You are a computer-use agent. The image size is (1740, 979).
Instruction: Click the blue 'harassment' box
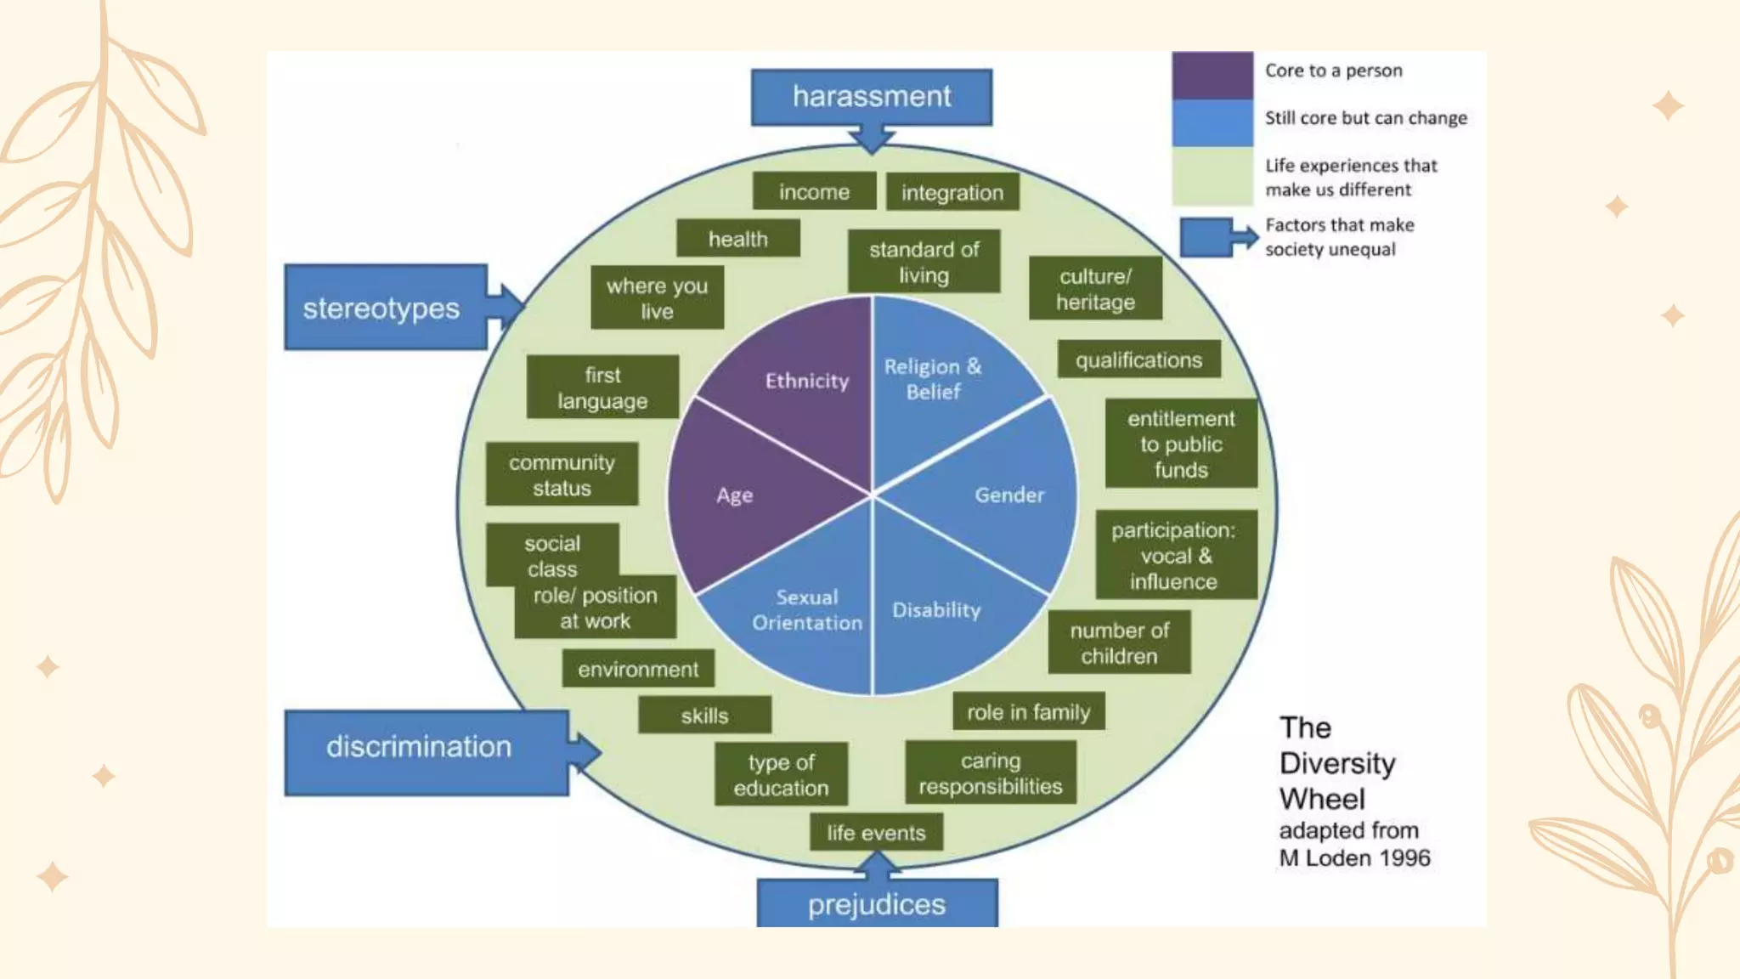(x=871, y=97)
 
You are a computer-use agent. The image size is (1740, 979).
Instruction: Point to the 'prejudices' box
(x=877, y=904)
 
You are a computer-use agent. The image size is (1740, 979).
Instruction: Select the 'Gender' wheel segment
(x=1003, y=495)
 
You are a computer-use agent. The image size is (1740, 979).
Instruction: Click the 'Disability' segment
(x=937, y=610)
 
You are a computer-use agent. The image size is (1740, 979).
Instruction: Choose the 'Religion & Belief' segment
(x=932, y=379)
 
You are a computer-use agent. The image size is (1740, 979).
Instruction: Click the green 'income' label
(x=814, y=192)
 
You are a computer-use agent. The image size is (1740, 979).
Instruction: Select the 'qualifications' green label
(x=1138, y=360)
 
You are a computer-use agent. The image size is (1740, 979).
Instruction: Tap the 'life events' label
(x=876, y=833)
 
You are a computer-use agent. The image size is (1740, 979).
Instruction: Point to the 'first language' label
(x=602, y=388)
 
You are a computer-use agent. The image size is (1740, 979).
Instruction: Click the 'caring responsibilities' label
(x=991, y=773)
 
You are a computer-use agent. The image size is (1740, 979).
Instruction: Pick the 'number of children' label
(x=1119, y=643)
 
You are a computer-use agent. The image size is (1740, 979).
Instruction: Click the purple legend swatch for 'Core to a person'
(x=1212, y=76)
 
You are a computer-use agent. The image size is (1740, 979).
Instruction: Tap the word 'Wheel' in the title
(x=1322, y=799)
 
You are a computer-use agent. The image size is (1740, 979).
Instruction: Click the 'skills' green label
(x=704, y=716)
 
